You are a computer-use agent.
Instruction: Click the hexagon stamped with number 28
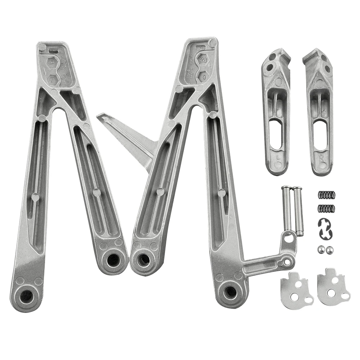(x=203, y=60)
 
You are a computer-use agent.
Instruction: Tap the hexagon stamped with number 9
(x=203, y=77)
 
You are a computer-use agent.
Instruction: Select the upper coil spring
(x=327, y=195)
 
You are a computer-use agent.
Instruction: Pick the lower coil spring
(x=327, y=208)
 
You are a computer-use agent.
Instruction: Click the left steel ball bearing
(x=320, y=249)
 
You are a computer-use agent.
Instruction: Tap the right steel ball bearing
(x=329, y=250)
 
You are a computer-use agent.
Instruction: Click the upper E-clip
(x=324, y=224)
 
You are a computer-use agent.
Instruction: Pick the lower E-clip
(x=327, y=233)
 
